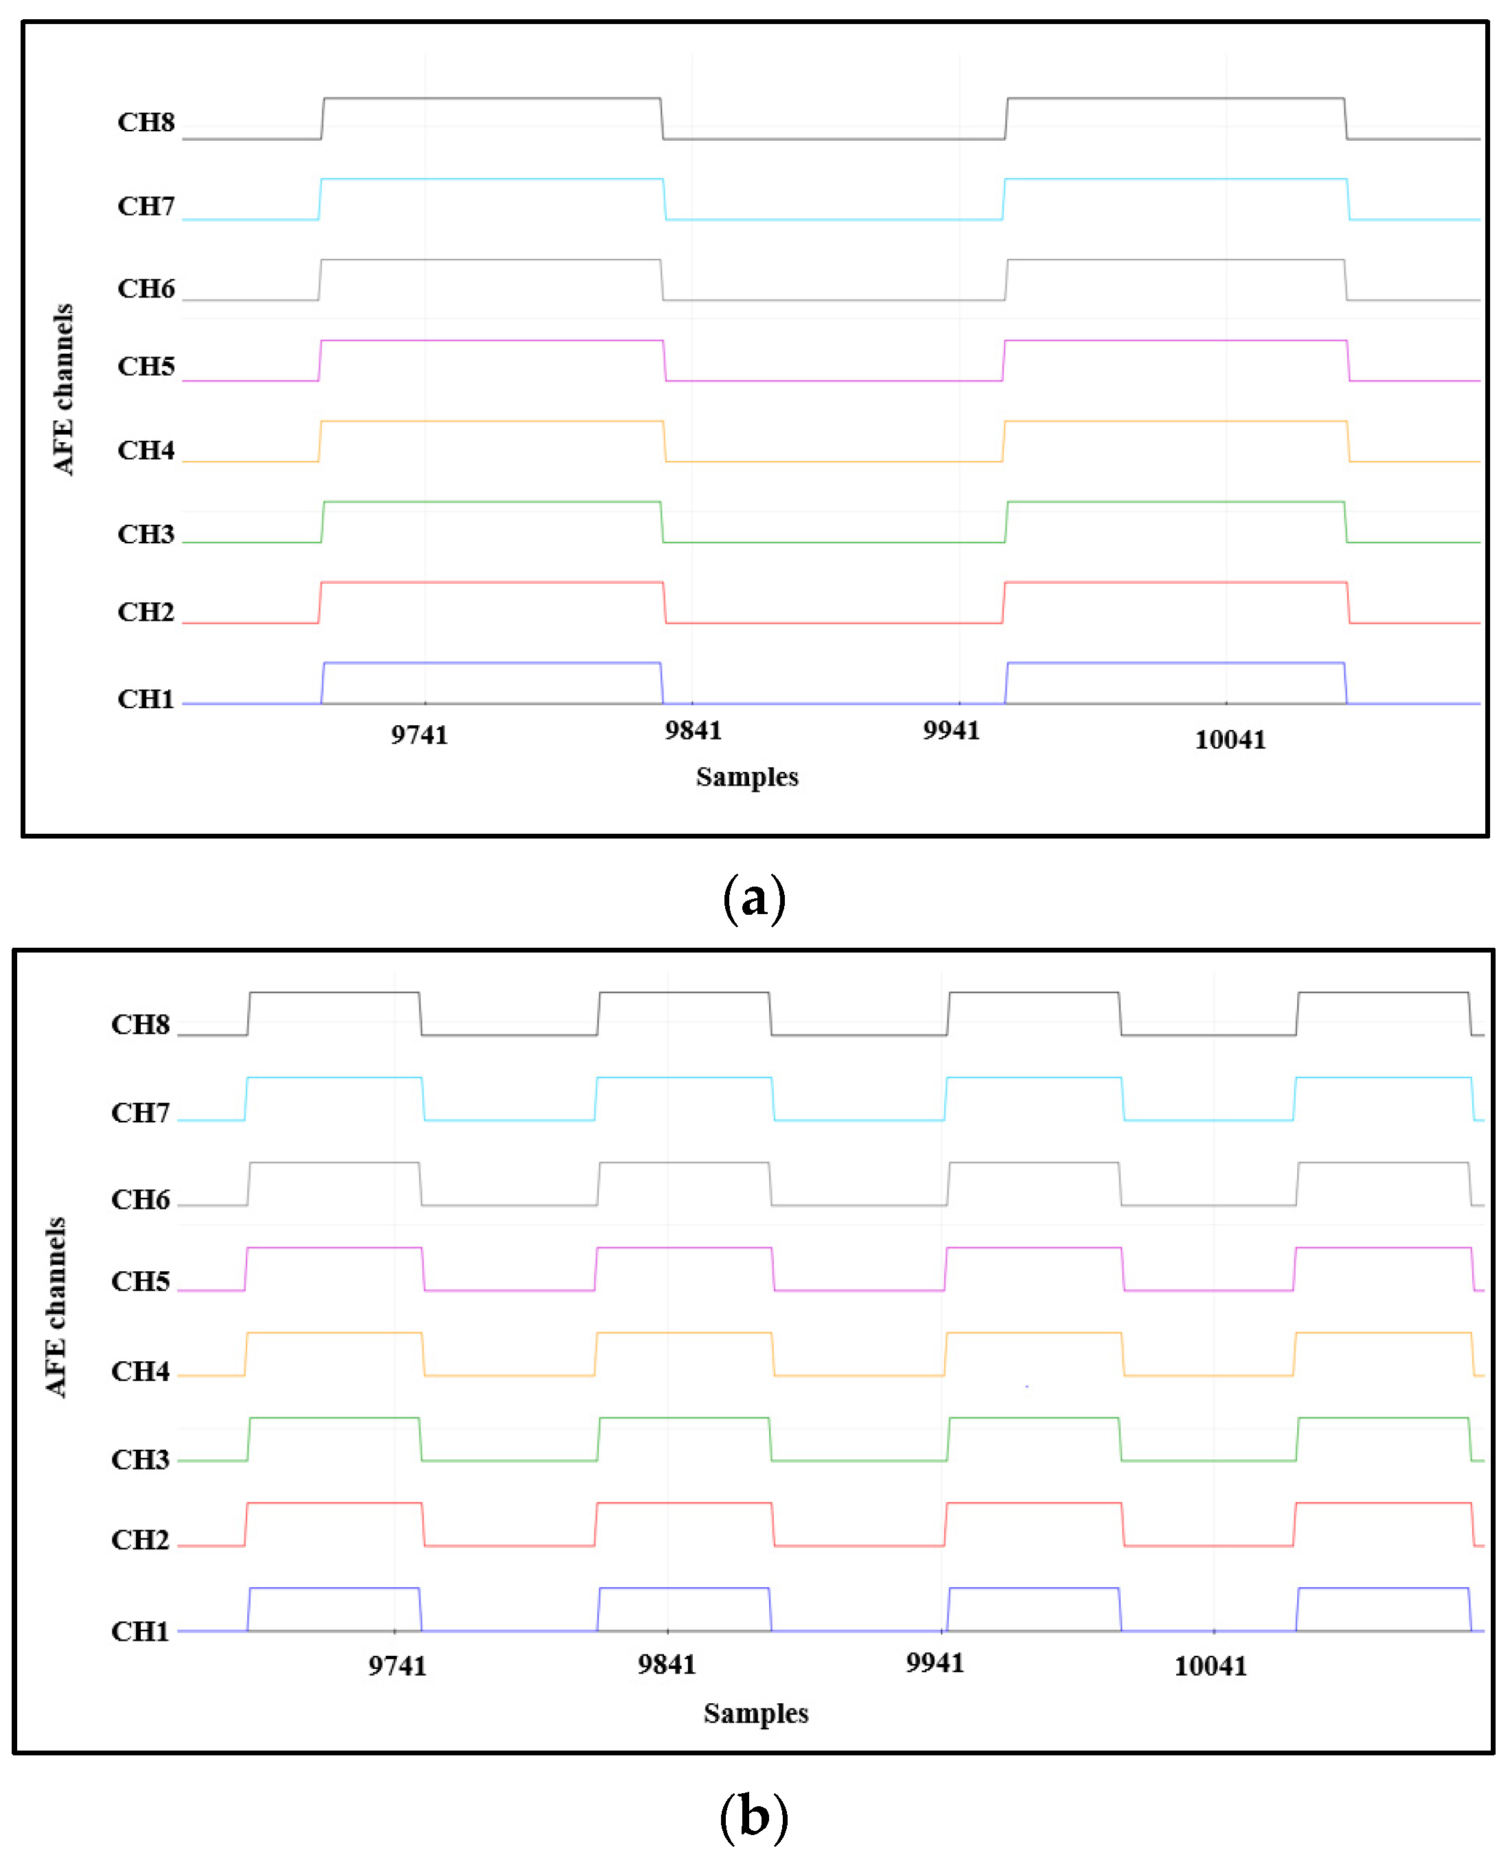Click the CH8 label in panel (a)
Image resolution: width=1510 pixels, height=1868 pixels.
tap(146, 122)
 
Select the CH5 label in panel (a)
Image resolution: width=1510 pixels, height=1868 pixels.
tap(146, 366)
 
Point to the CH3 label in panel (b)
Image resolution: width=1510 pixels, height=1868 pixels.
tap(140, 1459)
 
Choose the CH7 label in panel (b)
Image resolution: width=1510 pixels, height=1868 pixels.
tap(140, 1113)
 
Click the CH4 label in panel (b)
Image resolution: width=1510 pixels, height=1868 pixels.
tap(140, 1371)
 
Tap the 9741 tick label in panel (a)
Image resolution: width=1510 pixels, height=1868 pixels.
tap(420, 736)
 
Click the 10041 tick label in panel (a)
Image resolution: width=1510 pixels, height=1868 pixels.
tap(1230, 740)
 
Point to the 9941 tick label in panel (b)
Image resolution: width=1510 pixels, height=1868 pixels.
tap(935, 1663)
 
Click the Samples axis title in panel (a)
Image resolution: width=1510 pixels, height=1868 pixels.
tap(747, 777)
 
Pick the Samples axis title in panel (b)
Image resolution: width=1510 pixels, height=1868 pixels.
tap(756, 1713)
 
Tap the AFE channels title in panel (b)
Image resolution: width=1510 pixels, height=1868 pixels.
tap(56, 1308)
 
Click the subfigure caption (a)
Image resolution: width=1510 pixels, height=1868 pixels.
tap(754, 899)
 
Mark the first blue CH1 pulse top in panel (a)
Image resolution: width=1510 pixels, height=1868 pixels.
tap(492, 663)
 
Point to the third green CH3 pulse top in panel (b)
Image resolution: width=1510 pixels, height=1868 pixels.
tap(1033, 1418)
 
